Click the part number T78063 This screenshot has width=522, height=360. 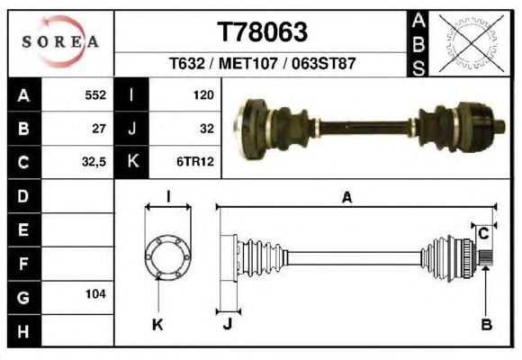point(262,32)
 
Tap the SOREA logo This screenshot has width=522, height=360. point(60,41)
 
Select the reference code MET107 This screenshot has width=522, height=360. point(248,63)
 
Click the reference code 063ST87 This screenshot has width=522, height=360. point(324,63)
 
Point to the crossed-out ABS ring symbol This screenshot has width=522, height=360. point(471,43)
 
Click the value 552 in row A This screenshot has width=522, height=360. point(95,95)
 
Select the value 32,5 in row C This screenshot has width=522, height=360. point(94,162)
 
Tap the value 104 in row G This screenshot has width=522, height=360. point(95,294)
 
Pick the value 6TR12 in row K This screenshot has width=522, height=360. point(195,162)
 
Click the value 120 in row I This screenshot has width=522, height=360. point(203,95)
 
